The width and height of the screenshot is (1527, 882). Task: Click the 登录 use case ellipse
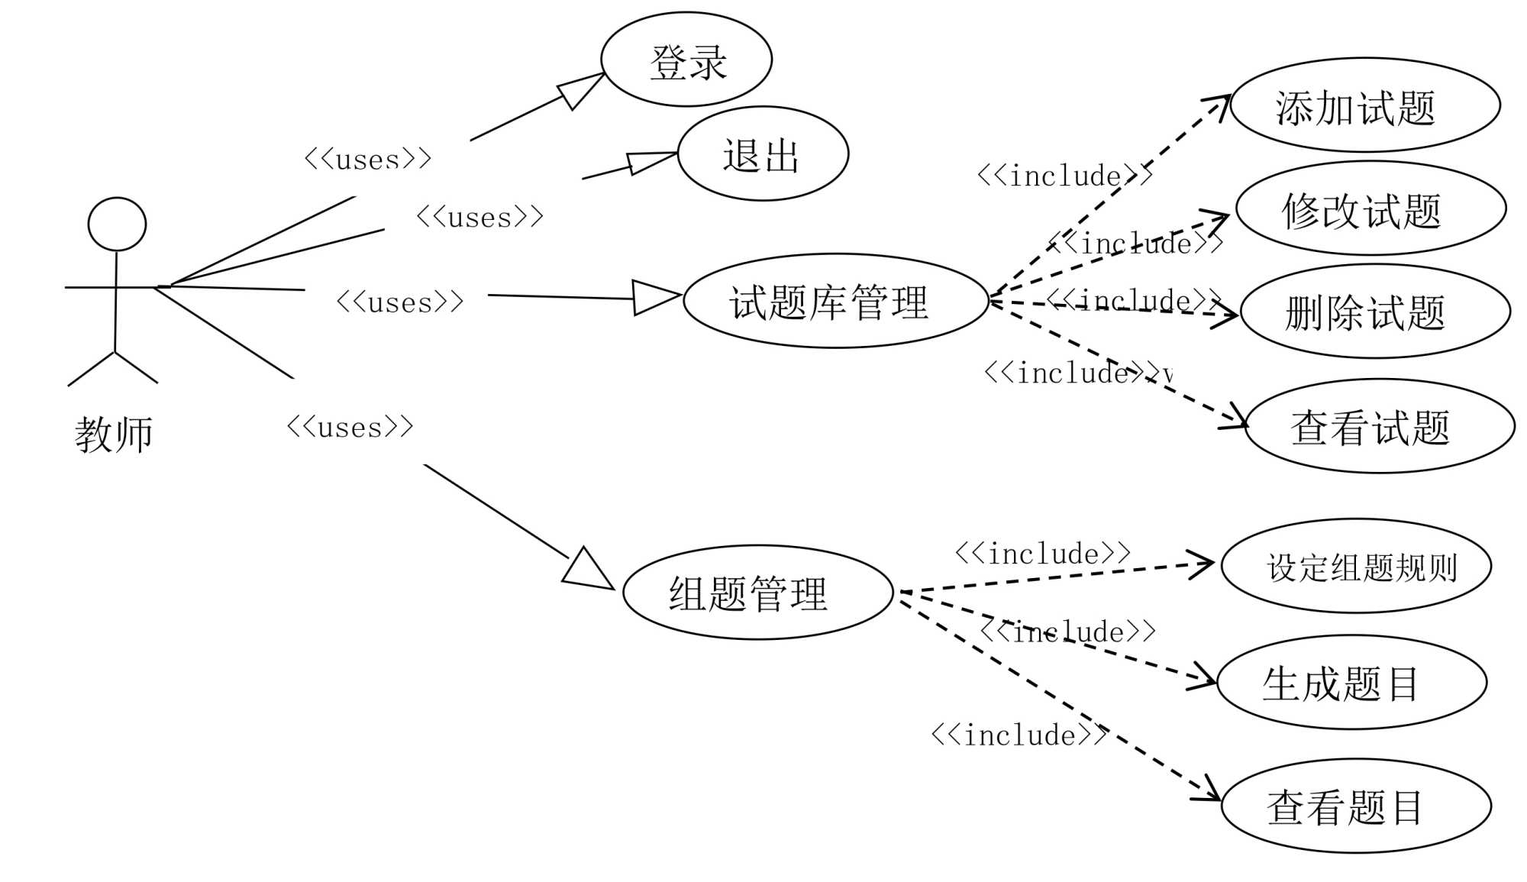pos(686,60)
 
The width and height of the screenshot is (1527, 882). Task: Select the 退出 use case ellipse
pos(763,154)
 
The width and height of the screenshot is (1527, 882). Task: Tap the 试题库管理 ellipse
pos(836,301)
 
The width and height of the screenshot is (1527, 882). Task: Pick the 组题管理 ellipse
pos(757,593)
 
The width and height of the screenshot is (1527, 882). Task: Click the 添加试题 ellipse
pos(1365,106)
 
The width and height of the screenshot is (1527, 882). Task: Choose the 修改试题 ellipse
pos(1370,208)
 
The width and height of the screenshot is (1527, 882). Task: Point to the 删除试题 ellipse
pos(1375,312)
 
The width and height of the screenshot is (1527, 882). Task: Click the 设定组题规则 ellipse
pos(1356,567)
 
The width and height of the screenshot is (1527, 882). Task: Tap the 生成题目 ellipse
pos(1351,683)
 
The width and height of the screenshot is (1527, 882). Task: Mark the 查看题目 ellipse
pos(1356,806)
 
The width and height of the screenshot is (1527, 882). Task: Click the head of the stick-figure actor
pos(117,225)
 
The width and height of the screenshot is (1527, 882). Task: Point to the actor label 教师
pos(114,435)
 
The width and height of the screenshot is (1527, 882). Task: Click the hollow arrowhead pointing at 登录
pos(581,89)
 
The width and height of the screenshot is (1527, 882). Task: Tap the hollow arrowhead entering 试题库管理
pos(654,297)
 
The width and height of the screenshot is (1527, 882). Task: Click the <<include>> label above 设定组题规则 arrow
pos(1043,554)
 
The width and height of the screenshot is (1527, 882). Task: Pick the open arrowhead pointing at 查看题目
pos(1209,790)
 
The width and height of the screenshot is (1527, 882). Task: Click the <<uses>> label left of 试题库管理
pos(400,302)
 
